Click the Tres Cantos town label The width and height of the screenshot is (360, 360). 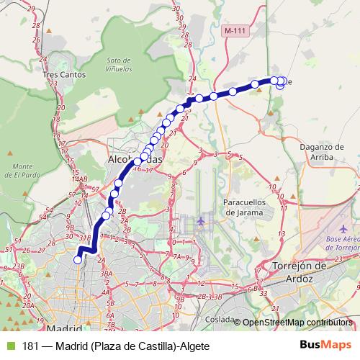[x=64, y=74]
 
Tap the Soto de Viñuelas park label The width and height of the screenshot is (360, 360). [x=120, y=66]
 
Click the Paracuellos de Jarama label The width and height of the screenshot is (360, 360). [x=245, y=207]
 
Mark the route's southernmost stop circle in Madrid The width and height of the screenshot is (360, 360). [x=78, y=260]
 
